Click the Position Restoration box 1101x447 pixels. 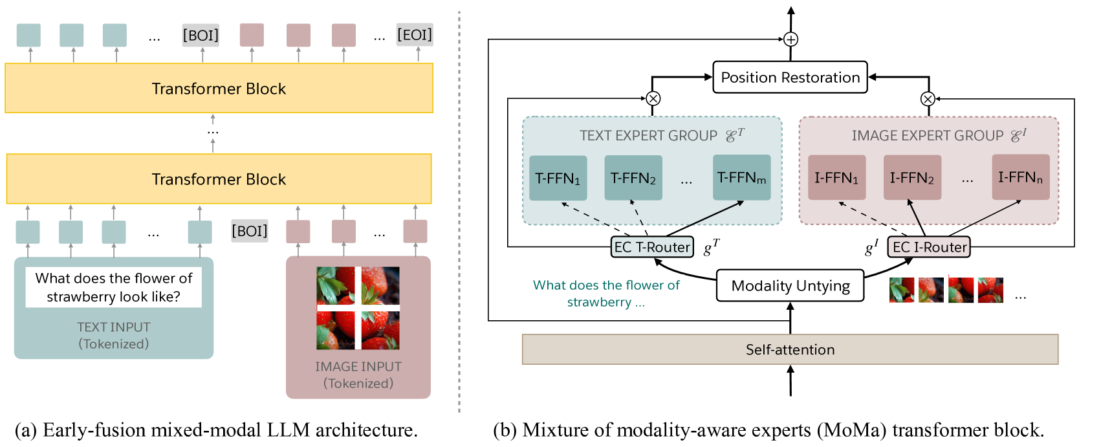[790, 78]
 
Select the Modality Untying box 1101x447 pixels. [790, 286]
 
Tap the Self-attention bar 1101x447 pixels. [790, 349]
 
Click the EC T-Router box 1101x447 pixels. [652, 247]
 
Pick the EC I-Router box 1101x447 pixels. [929, 247]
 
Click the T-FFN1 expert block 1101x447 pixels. [558, 178]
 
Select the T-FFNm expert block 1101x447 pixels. [741, 177]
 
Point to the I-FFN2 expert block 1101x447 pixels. [911, 178]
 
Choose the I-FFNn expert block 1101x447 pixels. [1020, 177]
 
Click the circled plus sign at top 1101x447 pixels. [790, 39]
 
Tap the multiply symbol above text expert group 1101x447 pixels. [653, 98]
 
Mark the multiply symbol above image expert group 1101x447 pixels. [928, 99]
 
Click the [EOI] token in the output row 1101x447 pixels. [415, 34]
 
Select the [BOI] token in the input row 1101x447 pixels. [250, 231]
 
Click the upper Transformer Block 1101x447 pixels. [219, 89]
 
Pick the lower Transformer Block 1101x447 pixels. [219, 179]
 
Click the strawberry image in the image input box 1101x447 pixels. [358, 308]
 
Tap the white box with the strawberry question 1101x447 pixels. [114, 287]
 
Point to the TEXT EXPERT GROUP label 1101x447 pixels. [648, 136]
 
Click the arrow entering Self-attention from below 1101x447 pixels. [790, 382]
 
